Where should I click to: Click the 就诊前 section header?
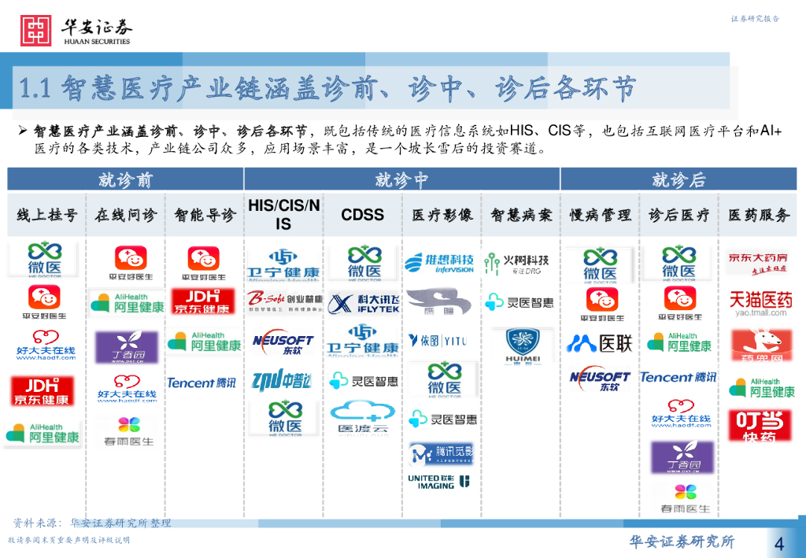tap(125, 179)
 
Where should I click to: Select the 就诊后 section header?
tap(678, 179)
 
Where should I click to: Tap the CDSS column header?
tap(362, 214)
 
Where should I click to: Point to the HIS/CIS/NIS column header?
tap(283, 214)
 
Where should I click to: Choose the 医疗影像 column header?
tap(442, 214)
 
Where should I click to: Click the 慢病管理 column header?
tap(600, 214)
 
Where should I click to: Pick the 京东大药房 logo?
tap(757, 262)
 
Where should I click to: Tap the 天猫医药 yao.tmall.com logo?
tap(757, 302)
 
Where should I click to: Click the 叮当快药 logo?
tap(757, 426)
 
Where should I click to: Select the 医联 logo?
tap(600, 343)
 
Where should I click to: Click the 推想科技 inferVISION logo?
tap(440, 263)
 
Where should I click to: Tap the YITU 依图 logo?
tap(438, 341)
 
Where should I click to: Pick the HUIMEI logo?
tap(520, 344)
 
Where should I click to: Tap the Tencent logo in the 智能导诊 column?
tap(201, 382)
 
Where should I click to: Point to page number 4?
tap(778, 542)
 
